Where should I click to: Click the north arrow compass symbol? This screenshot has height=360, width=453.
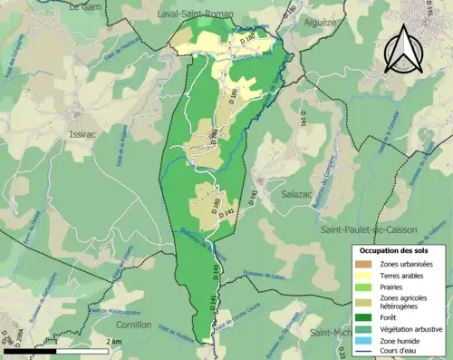click(405, 49)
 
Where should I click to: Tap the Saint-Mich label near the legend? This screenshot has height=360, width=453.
click(331, 333)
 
